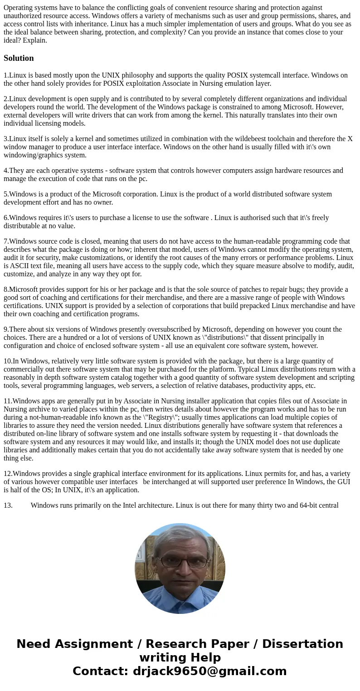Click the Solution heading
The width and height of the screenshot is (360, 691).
19,58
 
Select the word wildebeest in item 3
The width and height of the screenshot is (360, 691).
229,139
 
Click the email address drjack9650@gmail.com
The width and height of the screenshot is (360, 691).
209,671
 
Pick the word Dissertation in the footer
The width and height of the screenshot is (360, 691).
302,644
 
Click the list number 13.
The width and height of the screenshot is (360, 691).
8,505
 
